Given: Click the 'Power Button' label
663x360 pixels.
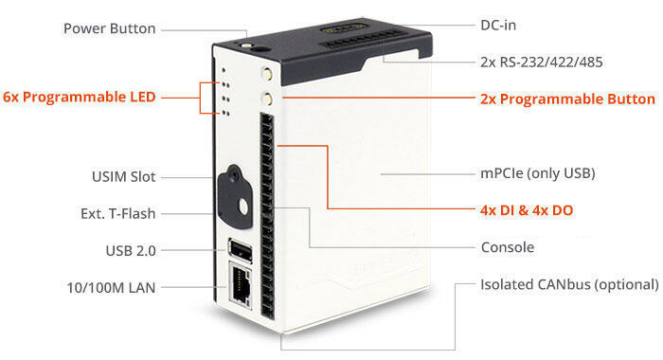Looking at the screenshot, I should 109,28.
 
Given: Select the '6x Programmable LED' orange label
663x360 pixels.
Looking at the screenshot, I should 80,97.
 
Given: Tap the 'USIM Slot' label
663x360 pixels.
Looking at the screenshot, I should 118,177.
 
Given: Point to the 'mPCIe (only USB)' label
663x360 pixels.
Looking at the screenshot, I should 537,174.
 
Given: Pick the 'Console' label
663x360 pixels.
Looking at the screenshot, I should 508,247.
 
